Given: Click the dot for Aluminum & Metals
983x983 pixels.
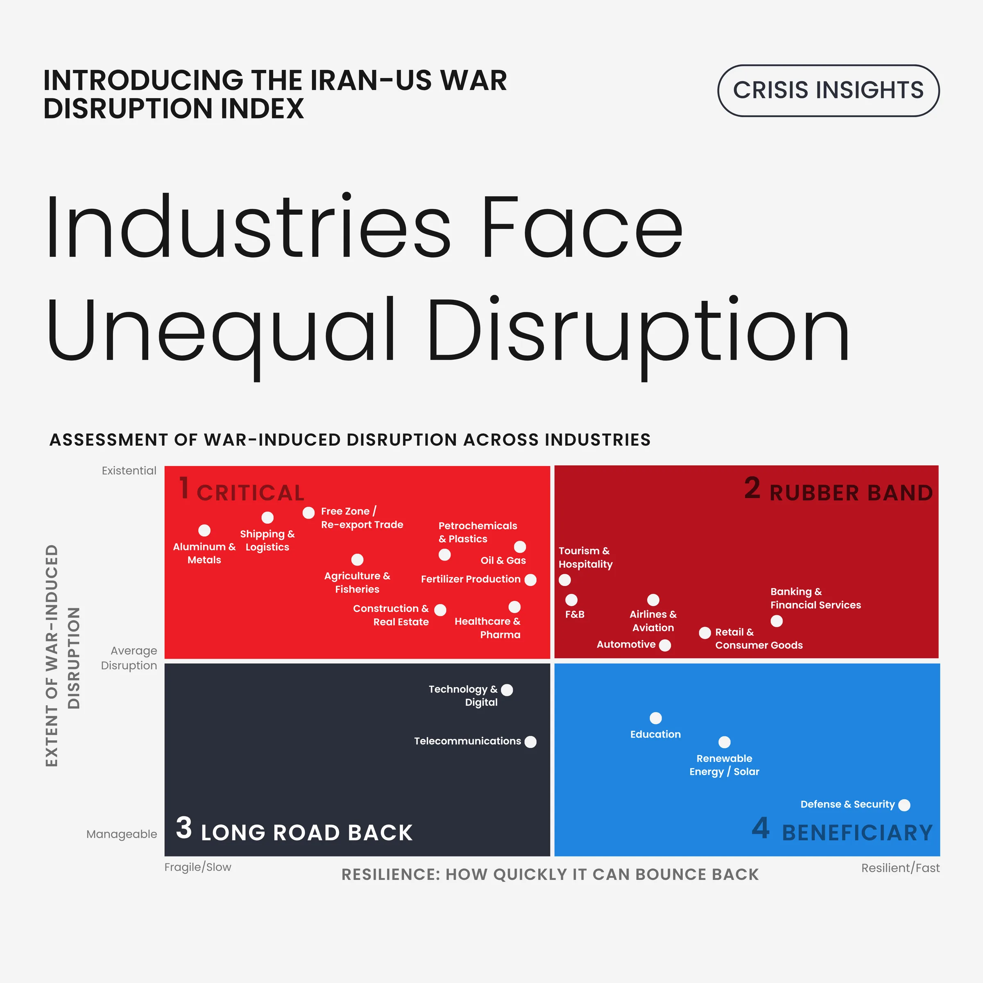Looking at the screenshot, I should tap(204, 531).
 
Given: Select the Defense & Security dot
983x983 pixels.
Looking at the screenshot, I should tap(904, 805).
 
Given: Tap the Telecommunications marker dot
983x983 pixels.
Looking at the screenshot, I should tap(530, 742).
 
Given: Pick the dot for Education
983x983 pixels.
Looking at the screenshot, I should tap(656, 718).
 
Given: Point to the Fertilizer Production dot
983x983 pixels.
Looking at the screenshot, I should tap(530, 580).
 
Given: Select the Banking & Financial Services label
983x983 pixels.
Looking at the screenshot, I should tap(815, 598).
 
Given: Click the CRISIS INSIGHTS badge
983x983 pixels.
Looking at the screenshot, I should tap(828, 91).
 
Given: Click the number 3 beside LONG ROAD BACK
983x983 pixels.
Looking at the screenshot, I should tap(183, 828).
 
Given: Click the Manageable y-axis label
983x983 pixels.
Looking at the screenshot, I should tap(122, 834).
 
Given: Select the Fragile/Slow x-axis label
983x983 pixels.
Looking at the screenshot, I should tap(197, 867).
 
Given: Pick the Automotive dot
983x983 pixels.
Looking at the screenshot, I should tap(664, 645).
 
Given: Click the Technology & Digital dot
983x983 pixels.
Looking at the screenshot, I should tap(507, 690).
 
